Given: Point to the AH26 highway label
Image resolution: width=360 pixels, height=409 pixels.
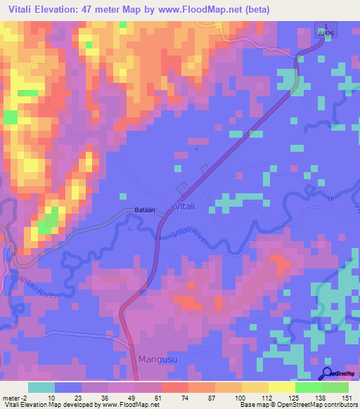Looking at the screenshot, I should point(322,32).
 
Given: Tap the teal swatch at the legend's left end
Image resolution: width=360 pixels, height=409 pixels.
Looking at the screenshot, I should point(41,387).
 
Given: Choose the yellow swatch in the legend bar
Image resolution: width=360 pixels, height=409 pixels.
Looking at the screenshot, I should point(281,387).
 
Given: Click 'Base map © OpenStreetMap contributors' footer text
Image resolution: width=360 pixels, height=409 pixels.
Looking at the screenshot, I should point(297,405).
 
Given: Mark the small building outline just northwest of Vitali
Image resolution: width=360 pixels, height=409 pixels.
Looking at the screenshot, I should point(181,187).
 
